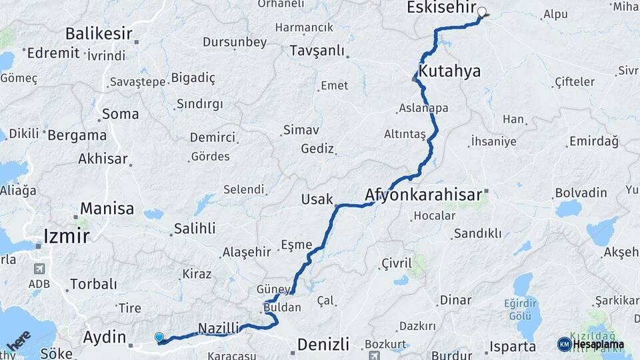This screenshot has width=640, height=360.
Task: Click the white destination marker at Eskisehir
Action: pyautogui.click(x=481, y=11)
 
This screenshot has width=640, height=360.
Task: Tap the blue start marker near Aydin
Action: pyautogui.click(x=159, y=338)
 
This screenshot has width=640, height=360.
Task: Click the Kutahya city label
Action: pyautogui.click(x=450, y=71)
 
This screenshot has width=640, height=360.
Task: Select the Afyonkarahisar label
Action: pyautogui.click(x=423, y=195)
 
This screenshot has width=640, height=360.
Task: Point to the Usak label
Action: pyautogui.click(x=317, y=199)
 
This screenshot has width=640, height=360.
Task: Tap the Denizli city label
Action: pyautogui.click(x=323, y=345)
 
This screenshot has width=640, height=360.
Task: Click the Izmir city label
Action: pyautogui.click(x=66, y=236)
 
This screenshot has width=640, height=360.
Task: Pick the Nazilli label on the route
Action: pyautogui.click(x=219, y=327)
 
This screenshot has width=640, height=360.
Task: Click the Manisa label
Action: pyautogui.click(x=107, y=209)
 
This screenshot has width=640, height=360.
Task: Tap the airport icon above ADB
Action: pyautogui.click(x=39, y=269)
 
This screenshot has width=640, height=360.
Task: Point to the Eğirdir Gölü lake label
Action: pyautogui.click(x=520, y=309)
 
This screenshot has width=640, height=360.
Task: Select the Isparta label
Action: pyautogui.click(x=513, y=347)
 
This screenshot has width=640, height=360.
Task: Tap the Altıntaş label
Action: pyautogui.click(x=405, y=134)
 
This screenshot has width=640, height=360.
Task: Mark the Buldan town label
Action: pyautogui.click(x=283, y=309)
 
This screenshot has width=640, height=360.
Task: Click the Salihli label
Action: pyautogui.click(x=195, y=229)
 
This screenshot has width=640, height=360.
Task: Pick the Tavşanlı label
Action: pyautogui.click(x=317, y=51)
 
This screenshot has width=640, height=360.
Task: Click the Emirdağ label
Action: pyautogui.click(x=593, y=141)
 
